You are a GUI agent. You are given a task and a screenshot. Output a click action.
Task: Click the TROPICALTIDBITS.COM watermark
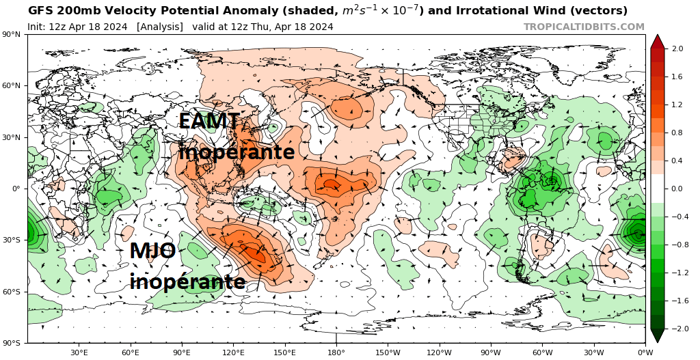[584, 27]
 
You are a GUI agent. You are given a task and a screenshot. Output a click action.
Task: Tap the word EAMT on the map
[209, 122]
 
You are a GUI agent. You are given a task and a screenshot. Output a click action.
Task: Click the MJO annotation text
[152, 251]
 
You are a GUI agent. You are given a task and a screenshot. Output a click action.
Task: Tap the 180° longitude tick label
[336, 352]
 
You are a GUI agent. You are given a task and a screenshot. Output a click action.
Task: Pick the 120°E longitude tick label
[233, 352]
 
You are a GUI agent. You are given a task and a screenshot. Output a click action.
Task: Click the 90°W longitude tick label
[491, 352]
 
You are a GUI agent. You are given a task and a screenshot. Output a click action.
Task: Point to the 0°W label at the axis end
[645, 352]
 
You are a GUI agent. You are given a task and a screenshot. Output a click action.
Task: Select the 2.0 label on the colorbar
[677, 49]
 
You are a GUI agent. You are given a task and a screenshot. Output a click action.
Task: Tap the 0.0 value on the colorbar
[677, 189]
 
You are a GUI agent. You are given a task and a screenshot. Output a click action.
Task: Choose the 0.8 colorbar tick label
[677, 133]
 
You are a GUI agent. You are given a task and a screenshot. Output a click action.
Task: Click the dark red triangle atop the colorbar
[657, 41]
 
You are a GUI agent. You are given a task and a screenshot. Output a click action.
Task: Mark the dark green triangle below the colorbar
[657, 335]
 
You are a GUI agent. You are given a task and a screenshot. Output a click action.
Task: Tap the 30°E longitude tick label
[79, 352]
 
